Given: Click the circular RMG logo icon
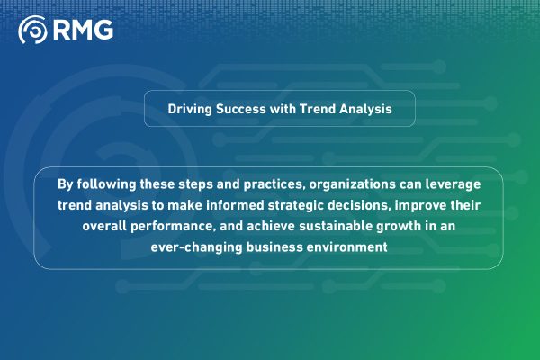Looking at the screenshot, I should coord(32,31).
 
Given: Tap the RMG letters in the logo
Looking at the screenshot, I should coord(83,31).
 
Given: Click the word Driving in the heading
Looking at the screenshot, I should coord(191,109).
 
